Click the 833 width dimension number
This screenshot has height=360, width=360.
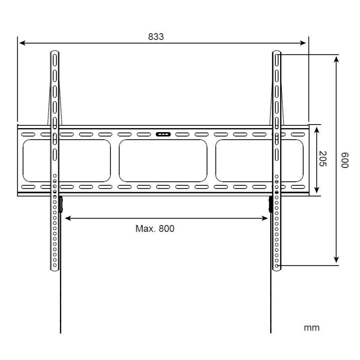(x=156, y=37)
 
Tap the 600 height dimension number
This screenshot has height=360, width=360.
(x=345, y=159)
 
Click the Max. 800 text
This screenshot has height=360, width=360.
(x=155, y=229)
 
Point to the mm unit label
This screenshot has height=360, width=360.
(x=311, y=328)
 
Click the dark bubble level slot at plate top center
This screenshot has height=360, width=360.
(x=163, y=134)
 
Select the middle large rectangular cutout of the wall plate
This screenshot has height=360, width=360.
(x=163, y=161)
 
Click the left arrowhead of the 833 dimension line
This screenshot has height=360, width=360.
(x=22, y=43)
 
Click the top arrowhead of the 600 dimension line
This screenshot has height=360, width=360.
(x=336, y=58)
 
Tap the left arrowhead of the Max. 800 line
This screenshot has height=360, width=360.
(x=67, y=218)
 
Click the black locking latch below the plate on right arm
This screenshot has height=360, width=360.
(x=270, y=204)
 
